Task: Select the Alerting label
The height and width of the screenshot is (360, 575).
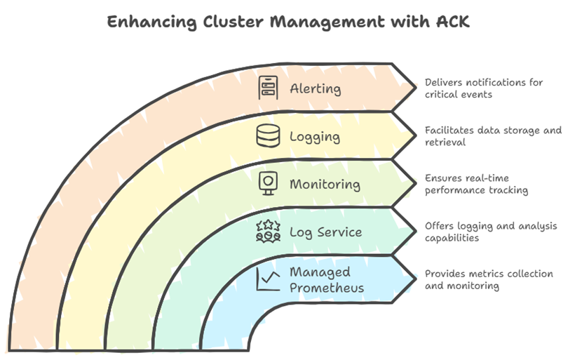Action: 315,89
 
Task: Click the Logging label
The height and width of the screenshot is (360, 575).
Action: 316,136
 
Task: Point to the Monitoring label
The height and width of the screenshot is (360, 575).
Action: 325,185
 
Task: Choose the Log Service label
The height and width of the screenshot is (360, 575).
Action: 325,232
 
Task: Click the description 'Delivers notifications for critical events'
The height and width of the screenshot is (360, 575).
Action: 484,88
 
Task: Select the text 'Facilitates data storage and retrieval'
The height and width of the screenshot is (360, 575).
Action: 493,136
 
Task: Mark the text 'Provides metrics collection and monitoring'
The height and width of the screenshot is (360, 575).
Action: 489,279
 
